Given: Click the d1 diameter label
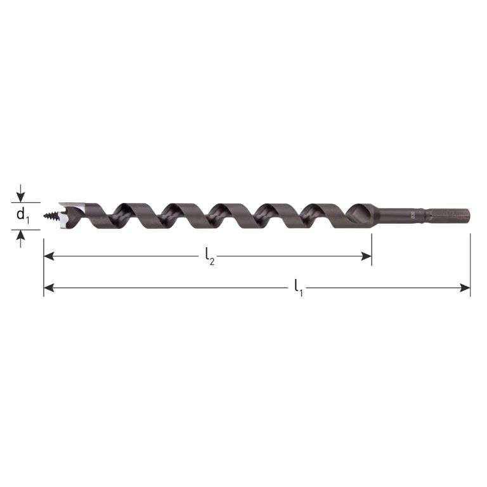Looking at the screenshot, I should pos(22,216).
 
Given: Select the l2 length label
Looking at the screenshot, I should pos(209,257).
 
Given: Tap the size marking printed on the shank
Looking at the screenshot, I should pos(412,215).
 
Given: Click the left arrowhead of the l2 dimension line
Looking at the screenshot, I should pos(48,257).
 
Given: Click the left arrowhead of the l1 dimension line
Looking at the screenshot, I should pos(48,288).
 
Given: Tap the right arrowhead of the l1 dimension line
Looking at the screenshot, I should pos(465,288).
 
